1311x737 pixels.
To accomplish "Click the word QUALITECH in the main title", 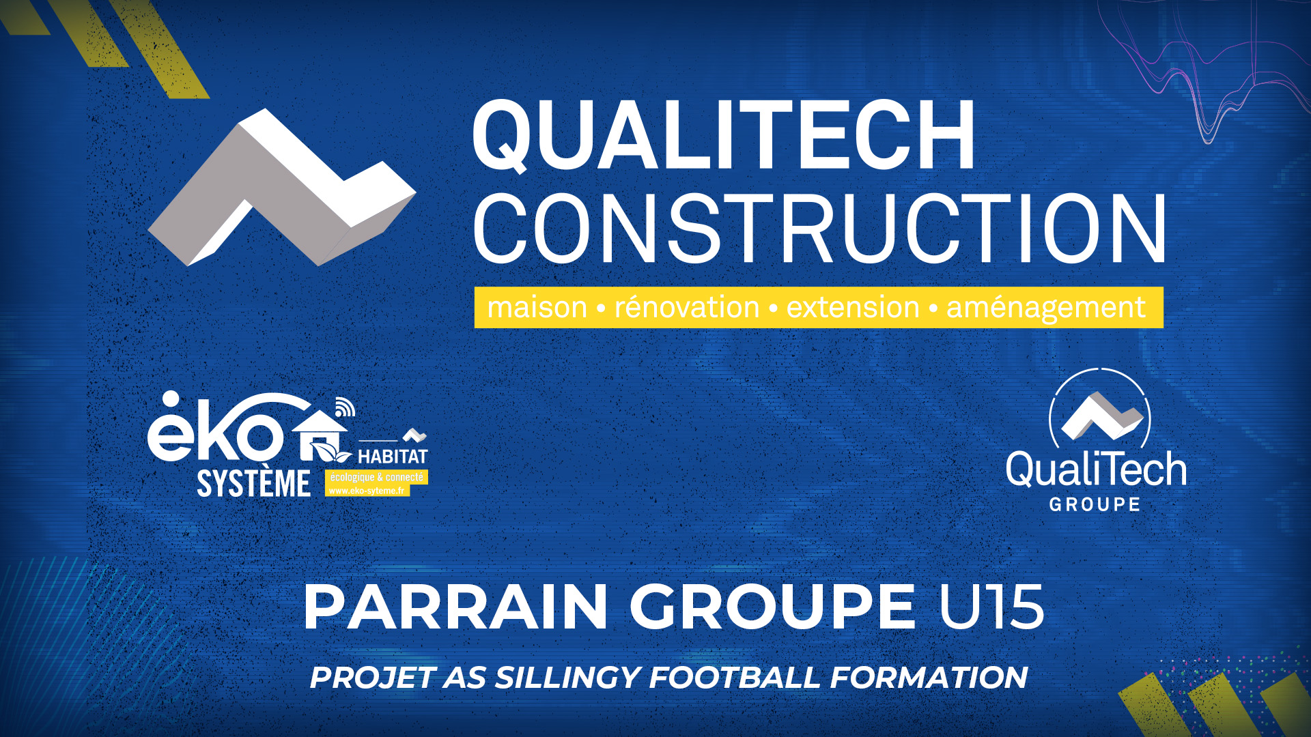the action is coord(724,135).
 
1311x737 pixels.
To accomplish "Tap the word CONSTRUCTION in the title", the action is coord(819,229).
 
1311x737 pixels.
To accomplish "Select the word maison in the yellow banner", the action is coord(537,308).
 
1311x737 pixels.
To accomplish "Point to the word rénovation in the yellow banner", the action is coord(687,307).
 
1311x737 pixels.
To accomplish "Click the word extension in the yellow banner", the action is coord(853,308).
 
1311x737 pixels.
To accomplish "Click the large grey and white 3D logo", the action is coord(282,187).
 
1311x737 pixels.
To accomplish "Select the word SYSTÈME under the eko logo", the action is coord(253,483).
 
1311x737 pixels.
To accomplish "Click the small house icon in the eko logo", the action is coord(321,435).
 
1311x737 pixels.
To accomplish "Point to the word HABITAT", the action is coord(393,457).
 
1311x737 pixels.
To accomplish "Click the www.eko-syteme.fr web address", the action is coord(367,491).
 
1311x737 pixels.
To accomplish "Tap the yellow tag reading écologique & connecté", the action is coord(376,477).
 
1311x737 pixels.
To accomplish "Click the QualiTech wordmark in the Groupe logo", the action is coord(1096,469).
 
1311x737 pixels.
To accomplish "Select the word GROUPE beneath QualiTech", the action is coord(1095,504).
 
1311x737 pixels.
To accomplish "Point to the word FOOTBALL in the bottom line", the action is coord(735,678).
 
